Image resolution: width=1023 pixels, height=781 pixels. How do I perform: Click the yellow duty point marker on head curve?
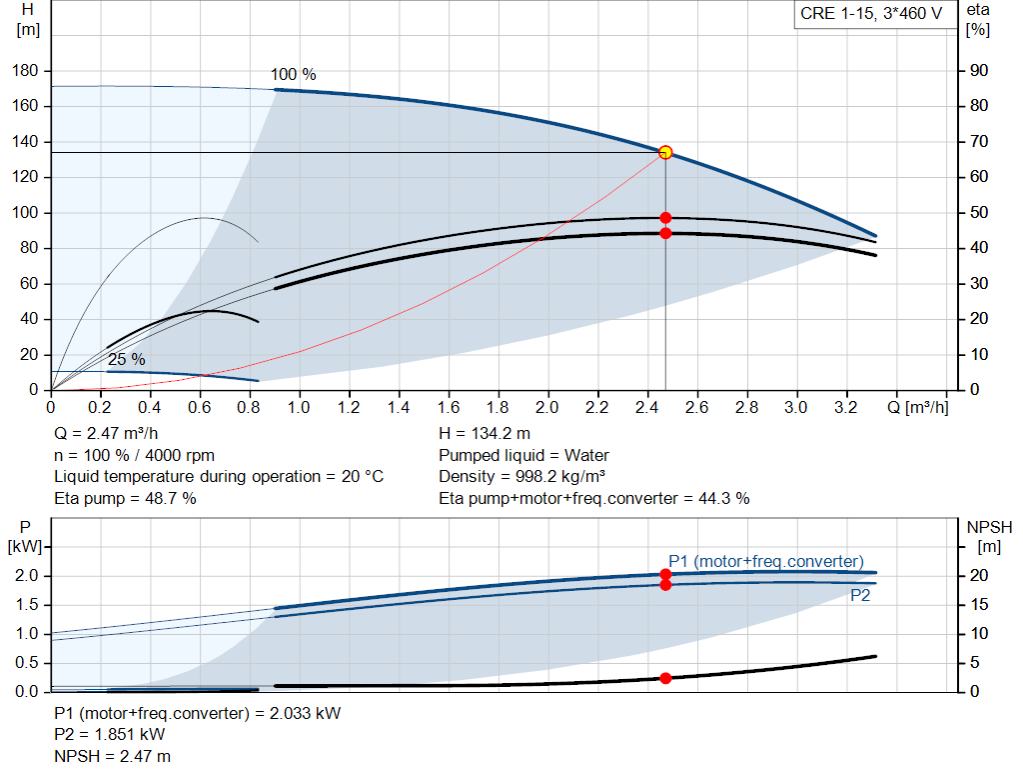[665, 153]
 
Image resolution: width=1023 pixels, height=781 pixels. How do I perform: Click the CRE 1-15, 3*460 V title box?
[871, 14]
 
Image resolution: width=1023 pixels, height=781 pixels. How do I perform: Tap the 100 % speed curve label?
[293, 75]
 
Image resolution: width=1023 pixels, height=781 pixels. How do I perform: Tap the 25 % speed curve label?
[127, 359]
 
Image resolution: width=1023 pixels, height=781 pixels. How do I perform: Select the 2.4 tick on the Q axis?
[646, 408]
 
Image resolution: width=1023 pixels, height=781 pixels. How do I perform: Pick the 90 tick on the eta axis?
[976, 71]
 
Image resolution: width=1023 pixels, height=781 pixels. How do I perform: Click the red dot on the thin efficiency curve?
[665, 218]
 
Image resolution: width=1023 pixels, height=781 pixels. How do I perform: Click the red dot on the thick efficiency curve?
[665, 233]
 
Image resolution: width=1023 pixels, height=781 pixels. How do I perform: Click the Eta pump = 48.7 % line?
[125, 498]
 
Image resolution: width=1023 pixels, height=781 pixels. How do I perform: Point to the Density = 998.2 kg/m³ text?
[522, 477]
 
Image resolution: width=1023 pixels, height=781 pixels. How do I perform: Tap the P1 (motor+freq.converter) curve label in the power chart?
[765, 561]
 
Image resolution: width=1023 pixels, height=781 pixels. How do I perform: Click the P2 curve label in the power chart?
[860, 595]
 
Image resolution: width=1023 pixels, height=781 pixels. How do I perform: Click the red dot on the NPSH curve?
[665, 678]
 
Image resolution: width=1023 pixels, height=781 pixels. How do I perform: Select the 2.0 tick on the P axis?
[27, 576]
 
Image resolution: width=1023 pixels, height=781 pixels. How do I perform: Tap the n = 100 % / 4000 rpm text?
[134, 456]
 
